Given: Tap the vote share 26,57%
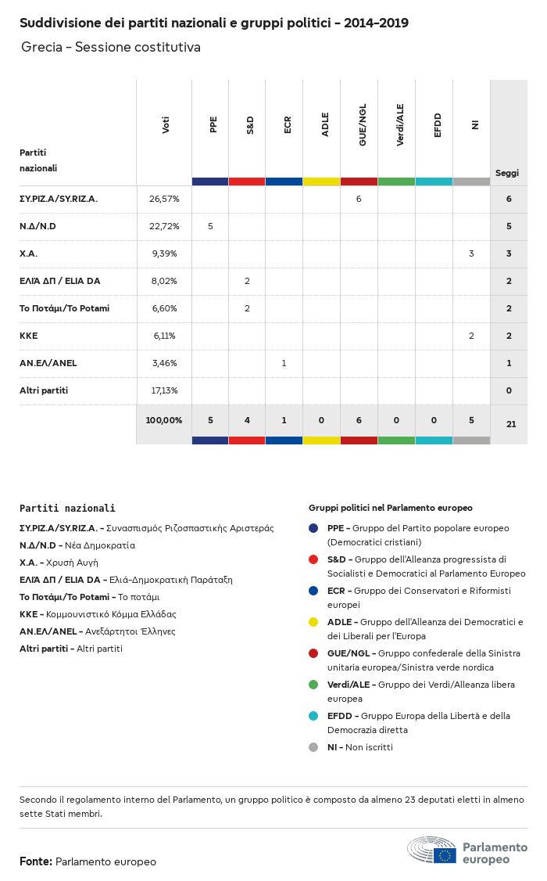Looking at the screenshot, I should pyautogui.click(x=164, y=199).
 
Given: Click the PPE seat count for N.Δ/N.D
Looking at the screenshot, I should pyautogui.click(x=210, y=226).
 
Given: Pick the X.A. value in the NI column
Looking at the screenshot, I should pyautogui.click(x=471, y=254).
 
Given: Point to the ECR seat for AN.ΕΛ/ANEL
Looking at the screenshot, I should pyautogui.click(x=284, y=363).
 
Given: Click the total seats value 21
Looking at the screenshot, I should pyautogui.click(x=511, y=424).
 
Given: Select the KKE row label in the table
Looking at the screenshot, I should pyautogui.click(x=29, y=336).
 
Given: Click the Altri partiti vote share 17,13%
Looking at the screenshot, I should pyautogui.click(x=164, y=390).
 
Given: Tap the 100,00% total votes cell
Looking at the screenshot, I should pyautogui.click(x=164, y=420).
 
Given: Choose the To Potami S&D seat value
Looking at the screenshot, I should pyautogui.click(x=247, y=308).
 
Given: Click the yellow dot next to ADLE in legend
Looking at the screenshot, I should pyautogui.click(x=313, y=622).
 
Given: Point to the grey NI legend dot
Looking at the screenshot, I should pyautogui.click(x=313, y=747).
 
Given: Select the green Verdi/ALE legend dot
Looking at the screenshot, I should pyautogui.click(x=313, y=685).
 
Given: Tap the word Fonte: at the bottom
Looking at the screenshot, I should pyautogui.click(x=36, y=861).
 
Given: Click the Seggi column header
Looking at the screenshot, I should pyautogui.click(x=507, y=173).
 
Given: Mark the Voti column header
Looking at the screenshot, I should pyautogui.click(x=166, y=125).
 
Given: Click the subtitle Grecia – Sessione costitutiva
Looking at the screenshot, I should pyautogui.click(x=111, y=47).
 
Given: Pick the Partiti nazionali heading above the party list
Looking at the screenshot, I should pyautogui.click(x=67, y=508).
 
